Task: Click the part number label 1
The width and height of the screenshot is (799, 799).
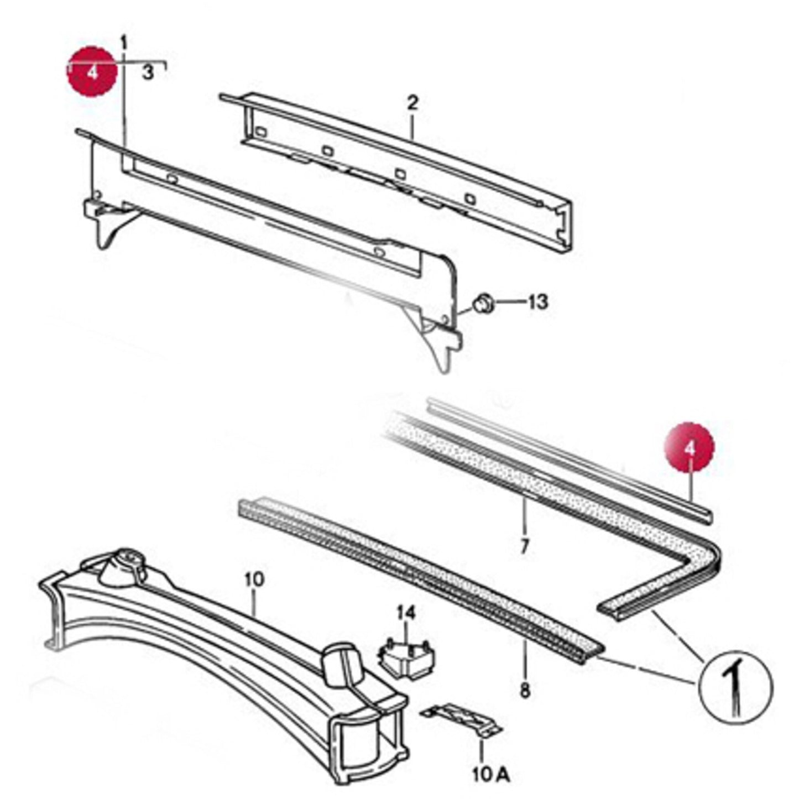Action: [124, 42]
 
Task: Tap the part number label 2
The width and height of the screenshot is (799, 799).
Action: [412, 103]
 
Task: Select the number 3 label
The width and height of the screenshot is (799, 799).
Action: [148, 72]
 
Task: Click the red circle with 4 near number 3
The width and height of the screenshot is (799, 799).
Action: [92, 71]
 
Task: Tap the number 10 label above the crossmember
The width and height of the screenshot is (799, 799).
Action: [254, 580]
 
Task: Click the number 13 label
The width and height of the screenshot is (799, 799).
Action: [537, 302]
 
